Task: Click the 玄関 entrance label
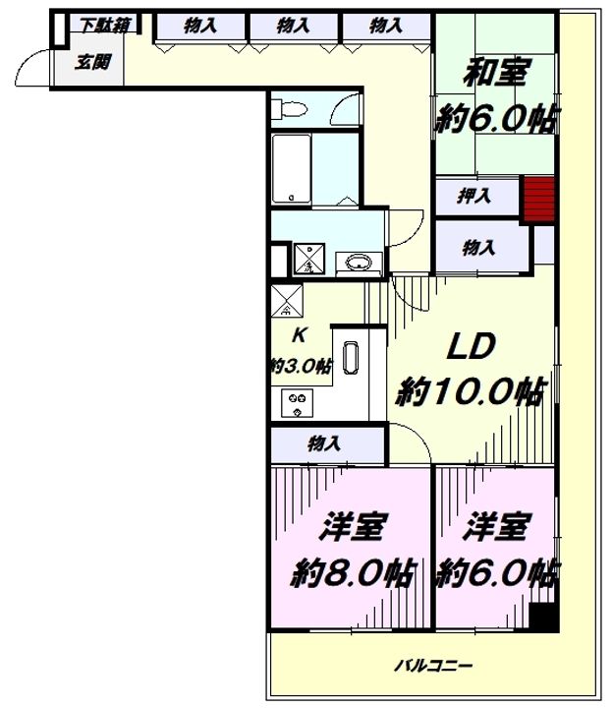tap(92, 62)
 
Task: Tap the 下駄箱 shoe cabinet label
tap(105, 26)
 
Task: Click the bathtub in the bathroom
tap(292, 168)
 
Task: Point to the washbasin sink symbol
tap(359, 262)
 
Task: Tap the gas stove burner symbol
tap(297, 403)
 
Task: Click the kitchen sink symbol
tap(351, 358)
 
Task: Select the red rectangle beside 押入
tap(538, 200)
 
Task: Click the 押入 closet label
tap(474, 196)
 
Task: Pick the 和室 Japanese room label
tap(495, 73)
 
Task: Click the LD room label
tap(471, 347)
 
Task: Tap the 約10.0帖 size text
tap(471, 392)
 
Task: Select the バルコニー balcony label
tap(433, 665)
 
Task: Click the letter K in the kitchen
tap(300, 335)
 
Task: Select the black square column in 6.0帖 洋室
tap(543, 618)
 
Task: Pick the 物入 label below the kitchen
tap(324, 443)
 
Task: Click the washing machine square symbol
tap(309, 259)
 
